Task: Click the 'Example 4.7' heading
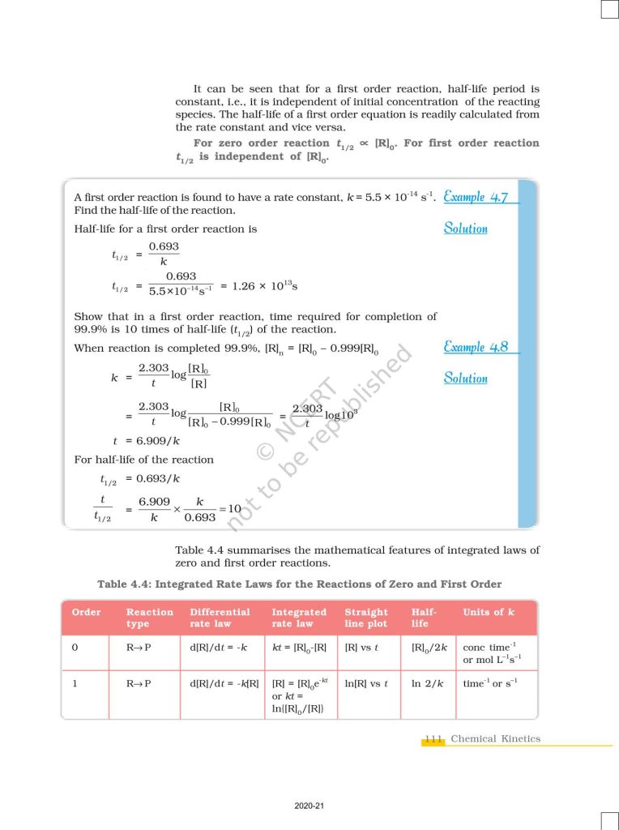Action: [476, 197]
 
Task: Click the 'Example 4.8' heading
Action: [476, 348]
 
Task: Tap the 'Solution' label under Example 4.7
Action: [466, 229]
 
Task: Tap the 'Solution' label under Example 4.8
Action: [466, 379]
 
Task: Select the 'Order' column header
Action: [87, 612]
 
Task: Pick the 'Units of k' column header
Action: [488, 612]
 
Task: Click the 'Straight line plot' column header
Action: [366, 618]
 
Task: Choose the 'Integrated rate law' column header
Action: [299, 618]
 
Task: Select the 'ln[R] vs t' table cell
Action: [366, 684]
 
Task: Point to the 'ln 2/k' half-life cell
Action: [428, 684]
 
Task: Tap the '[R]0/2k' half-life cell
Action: [428, 648]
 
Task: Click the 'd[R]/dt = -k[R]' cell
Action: [224, 684]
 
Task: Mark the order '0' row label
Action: [75, 648]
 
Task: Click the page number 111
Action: [433, 739]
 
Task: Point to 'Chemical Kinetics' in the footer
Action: [495, 739]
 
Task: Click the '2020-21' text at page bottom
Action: [309, 806]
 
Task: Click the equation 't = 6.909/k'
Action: [146, 441]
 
